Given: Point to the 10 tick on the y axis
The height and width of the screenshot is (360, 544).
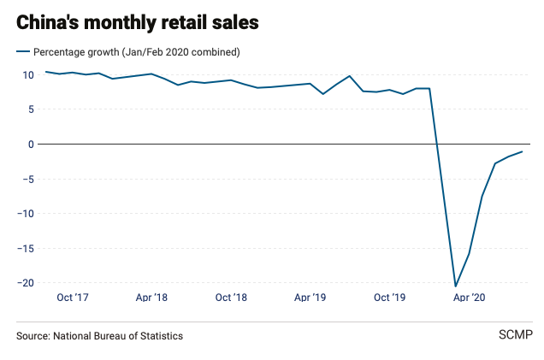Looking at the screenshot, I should pos(27,74).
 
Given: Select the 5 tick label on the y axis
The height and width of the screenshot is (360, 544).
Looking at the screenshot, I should pos(30,109).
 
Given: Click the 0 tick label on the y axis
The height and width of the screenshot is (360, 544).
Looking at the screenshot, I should pos(30,144).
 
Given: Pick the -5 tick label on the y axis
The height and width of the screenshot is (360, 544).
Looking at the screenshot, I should pos(28,179).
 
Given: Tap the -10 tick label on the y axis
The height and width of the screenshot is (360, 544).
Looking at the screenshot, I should pos(26,214).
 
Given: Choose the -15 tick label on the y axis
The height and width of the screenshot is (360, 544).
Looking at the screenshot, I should pos(26,248).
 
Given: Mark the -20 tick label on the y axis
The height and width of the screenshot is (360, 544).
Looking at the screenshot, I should pos(26,283).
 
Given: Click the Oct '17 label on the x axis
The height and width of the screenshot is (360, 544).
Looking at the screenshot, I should pos(73,298).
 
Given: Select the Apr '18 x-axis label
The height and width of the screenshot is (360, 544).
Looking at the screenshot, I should pos(151,298).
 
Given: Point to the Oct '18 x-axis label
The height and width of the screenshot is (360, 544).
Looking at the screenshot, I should pos(231,298).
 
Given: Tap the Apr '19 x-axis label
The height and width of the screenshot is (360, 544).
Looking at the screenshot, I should pos(310,298).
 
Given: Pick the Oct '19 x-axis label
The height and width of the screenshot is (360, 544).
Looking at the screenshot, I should pos(389,298).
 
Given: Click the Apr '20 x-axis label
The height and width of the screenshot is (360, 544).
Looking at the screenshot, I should pos(469,298).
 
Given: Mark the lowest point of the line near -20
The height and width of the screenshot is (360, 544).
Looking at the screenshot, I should pos(456,286).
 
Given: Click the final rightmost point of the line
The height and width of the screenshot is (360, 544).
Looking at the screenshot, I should pos(522,151).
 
